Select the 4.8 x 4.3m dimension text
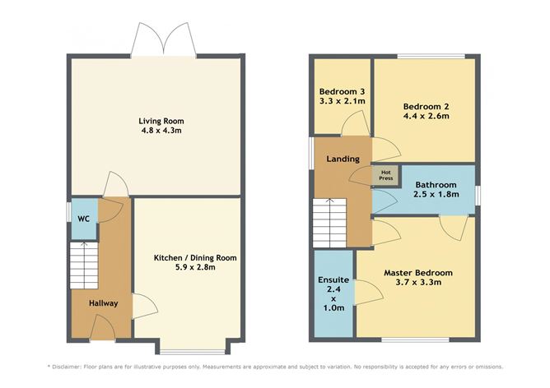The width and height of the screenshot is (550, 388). [159, 132]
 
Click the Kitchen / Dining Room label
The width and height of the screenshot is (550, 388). [195, 258]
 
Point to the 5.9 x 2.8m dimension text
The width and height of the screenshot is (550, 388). [195, 269]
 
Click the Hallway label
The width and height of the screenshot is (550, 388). [105, 303]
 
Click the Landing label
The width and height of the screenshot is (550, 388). [343, 159]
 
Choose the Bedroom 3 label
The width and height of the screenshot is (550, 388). [342, 90]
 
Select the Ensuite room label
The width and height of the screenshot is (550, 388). [333, 280]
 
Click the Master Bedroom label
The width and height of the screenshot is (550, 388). [417, 272]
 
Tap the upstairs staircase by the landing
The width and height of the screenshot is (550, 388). [328, 222]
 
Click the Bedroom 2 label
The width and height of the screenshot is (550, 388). [426, 105]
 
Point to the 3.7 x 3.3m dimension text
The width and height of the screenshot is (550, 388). [417, 283]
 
